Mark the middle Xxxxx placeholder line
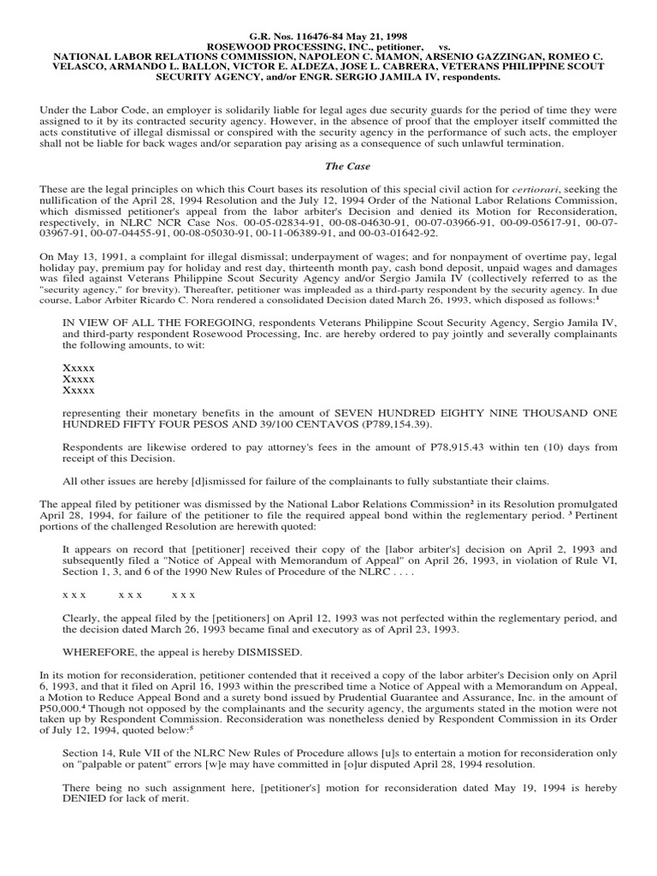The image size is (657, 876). click(80, 377)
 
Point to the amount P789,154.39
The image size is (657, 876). click(390, 424)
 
